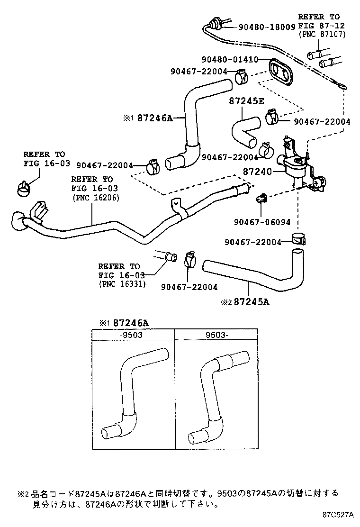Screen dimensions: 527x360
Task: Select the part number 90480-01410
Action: [229, 60]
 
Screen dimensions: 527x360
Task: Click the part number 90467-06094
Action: [261, 221]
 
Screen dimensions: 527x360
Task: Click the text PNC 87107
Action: [322, 35]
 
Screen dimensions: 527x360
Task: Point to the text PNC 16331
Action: [122, 284]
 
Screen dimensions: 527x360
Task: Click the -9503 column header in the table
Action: [133, 335]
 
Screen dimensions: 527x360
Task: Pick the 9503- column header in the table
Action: [216, 335]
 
